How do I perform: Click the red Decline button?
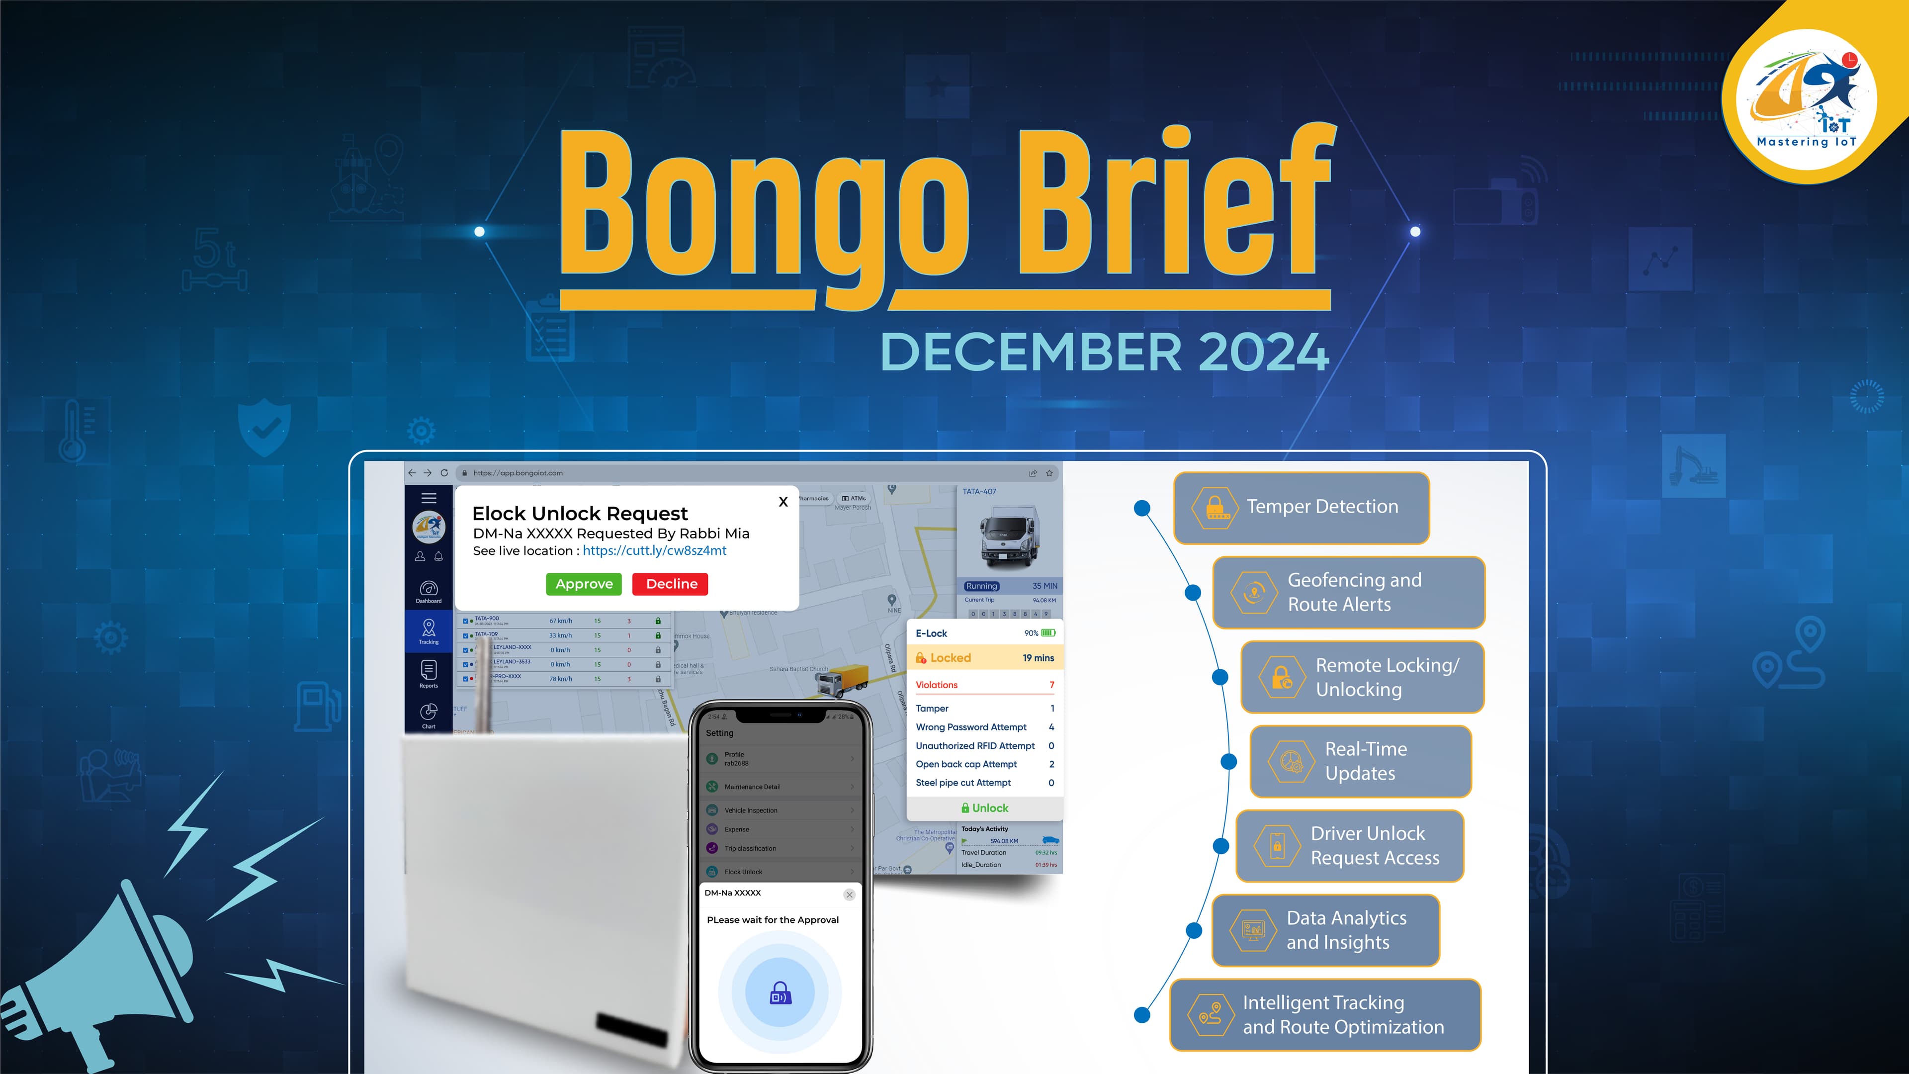[670, 584]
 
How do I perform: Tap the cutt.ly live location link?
[654, 551]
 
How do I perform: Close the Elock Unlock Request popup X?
[782, 502]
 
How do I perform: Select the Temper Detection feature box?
[1302, 507]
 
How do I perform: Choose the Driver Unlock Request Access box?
[1350, 846]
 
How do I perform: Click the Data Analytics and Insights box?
[1326, 930]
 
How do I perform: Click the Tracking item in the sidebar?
[429, 631]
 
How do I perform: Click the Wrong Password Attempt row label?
[971, 727]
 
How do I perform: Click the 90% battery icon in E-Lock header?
[1048, 633]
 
